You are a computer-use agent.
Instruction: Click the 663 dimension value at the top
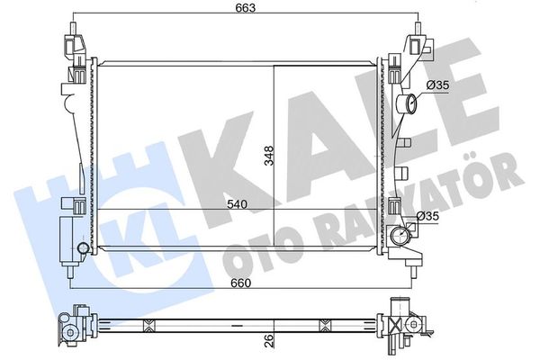click(x=246, y=7)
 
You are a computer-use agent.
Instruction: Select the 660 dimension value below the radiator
click(x=240, y=283)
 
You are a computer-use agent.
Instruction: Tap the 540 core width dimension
click(x=237, y=204)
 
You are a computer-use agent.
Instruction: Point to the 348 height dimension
click(x=268, y=156)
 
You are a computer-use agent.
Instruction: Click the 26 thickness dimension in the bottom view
click(x=270, y=340)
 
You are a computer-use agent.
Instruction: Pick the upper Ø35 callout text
click(x=437, y=85)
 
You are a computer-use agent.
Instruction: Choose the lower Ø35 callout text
click(x=427, y=216)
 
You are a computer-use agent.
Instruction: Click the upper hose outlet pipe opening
click(x=411, y=103)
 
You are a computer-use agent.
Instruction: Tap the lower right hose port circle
click(x=399, y=236)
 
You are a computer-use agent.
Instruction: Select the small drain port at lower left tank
click(x=83, y=248)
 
